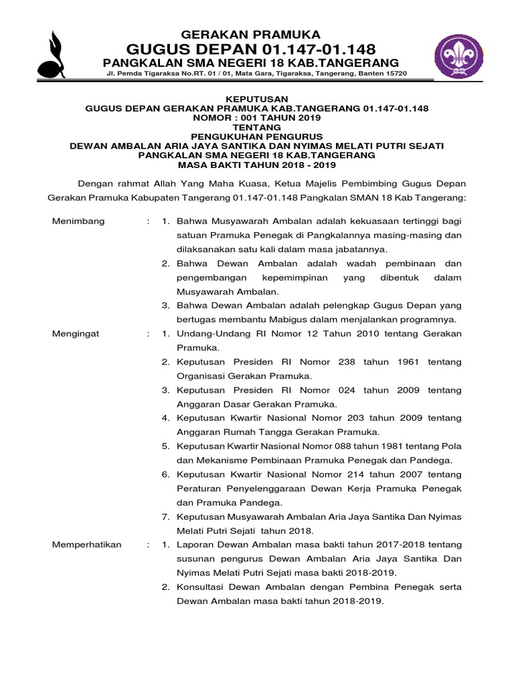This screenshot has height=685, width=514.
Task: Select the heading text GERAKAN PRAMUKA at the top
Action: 251,34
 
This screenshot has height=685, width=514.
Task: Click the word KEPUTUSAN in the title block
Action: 257,97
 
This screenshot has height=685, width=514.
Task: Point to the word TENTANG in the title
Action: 257,126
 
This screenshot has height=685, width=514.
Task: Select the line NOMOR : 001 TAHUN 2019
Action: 257,116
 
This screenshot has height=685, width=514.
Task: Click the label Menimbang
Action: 78,221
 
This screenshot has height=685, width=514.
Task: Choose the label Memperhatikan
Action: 87,545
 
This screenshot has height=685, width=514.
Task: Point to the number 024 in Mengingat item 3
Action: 338,390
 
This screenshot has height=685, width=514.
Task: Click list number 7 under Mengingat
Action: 165,516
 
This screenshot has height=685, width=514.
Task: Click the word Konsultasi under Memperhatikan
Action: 203,587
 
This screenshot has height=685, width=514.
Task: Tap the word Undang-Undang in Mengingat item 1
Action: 211,333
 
